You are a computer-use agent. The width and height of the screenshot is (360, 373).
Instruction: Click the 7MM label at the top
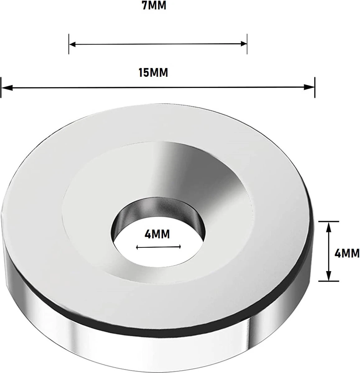(154, 6)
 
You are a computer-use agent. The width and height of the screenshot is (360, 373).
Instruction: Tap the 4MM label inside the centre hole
(157, 234)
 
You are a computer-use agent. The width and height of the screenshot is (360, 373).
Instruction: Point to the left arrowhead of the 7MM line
(72, 44)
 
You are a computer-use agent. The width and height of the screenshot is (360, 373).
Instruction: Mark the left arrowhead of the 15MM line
(6, 88)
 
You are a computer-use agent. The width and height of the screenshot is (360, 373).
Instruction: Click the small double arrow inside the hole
(158, 247)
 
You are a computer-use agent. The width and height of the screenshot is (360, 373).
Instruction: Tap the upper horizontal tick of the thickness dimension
(329, 221)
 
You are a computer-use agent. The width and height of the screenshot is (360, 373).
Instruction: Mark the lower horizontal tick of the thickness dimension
(329, 281)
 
